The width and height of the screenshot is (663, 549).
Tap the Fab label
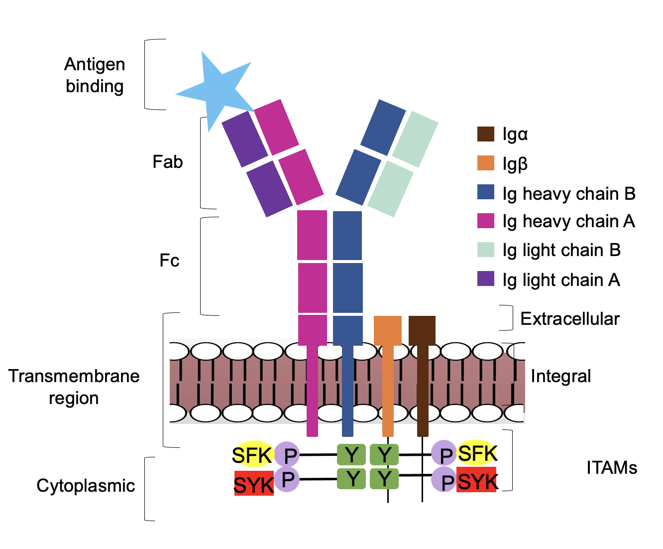click(x=168, y=162)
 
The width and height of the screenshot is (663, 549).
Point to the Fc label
click(x=169, y=261)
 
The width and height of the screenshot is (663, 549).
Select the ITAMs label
click(x=612, y=468)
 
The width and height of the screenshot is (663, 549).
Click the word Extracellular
click(x=570, y=319)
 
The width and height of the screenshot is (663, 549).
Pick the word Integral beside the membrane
click(x=561, y=376)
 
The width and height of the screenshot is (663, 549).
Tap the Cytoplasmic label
click(x=86, y=486)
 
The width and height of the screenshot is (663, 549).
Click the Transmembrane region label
click(x=74, y=387)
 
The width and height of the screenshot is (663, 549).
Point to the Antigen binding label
click(x=95, y=75)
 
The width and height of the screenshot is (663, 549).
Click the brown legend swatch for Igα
click(x=486, y=134)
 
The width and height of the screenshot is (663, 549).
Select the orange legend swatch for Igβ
click(x=486, y=163)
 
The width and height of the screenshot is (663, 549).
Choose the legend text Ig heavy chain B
click(x=569, y=194)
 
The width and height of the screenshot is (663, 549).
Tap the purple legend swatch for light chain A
click(x=486, y=279)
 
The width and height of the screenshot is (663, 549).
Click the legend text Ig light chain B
click(x=561, y=250)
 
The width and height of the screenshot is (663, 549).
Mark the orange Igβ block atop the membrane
click(x=388, y=330)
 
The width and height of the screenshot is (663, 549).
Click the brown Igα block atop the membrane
click(x=422, y=330)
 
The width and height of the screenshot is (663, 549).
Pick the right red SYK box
click(x=477, y=480)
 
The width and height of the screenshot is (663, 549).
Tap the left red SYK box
click(x=254, y=483)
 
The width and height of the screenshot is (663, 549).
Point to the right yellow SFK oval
click(x=477, y=453)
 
